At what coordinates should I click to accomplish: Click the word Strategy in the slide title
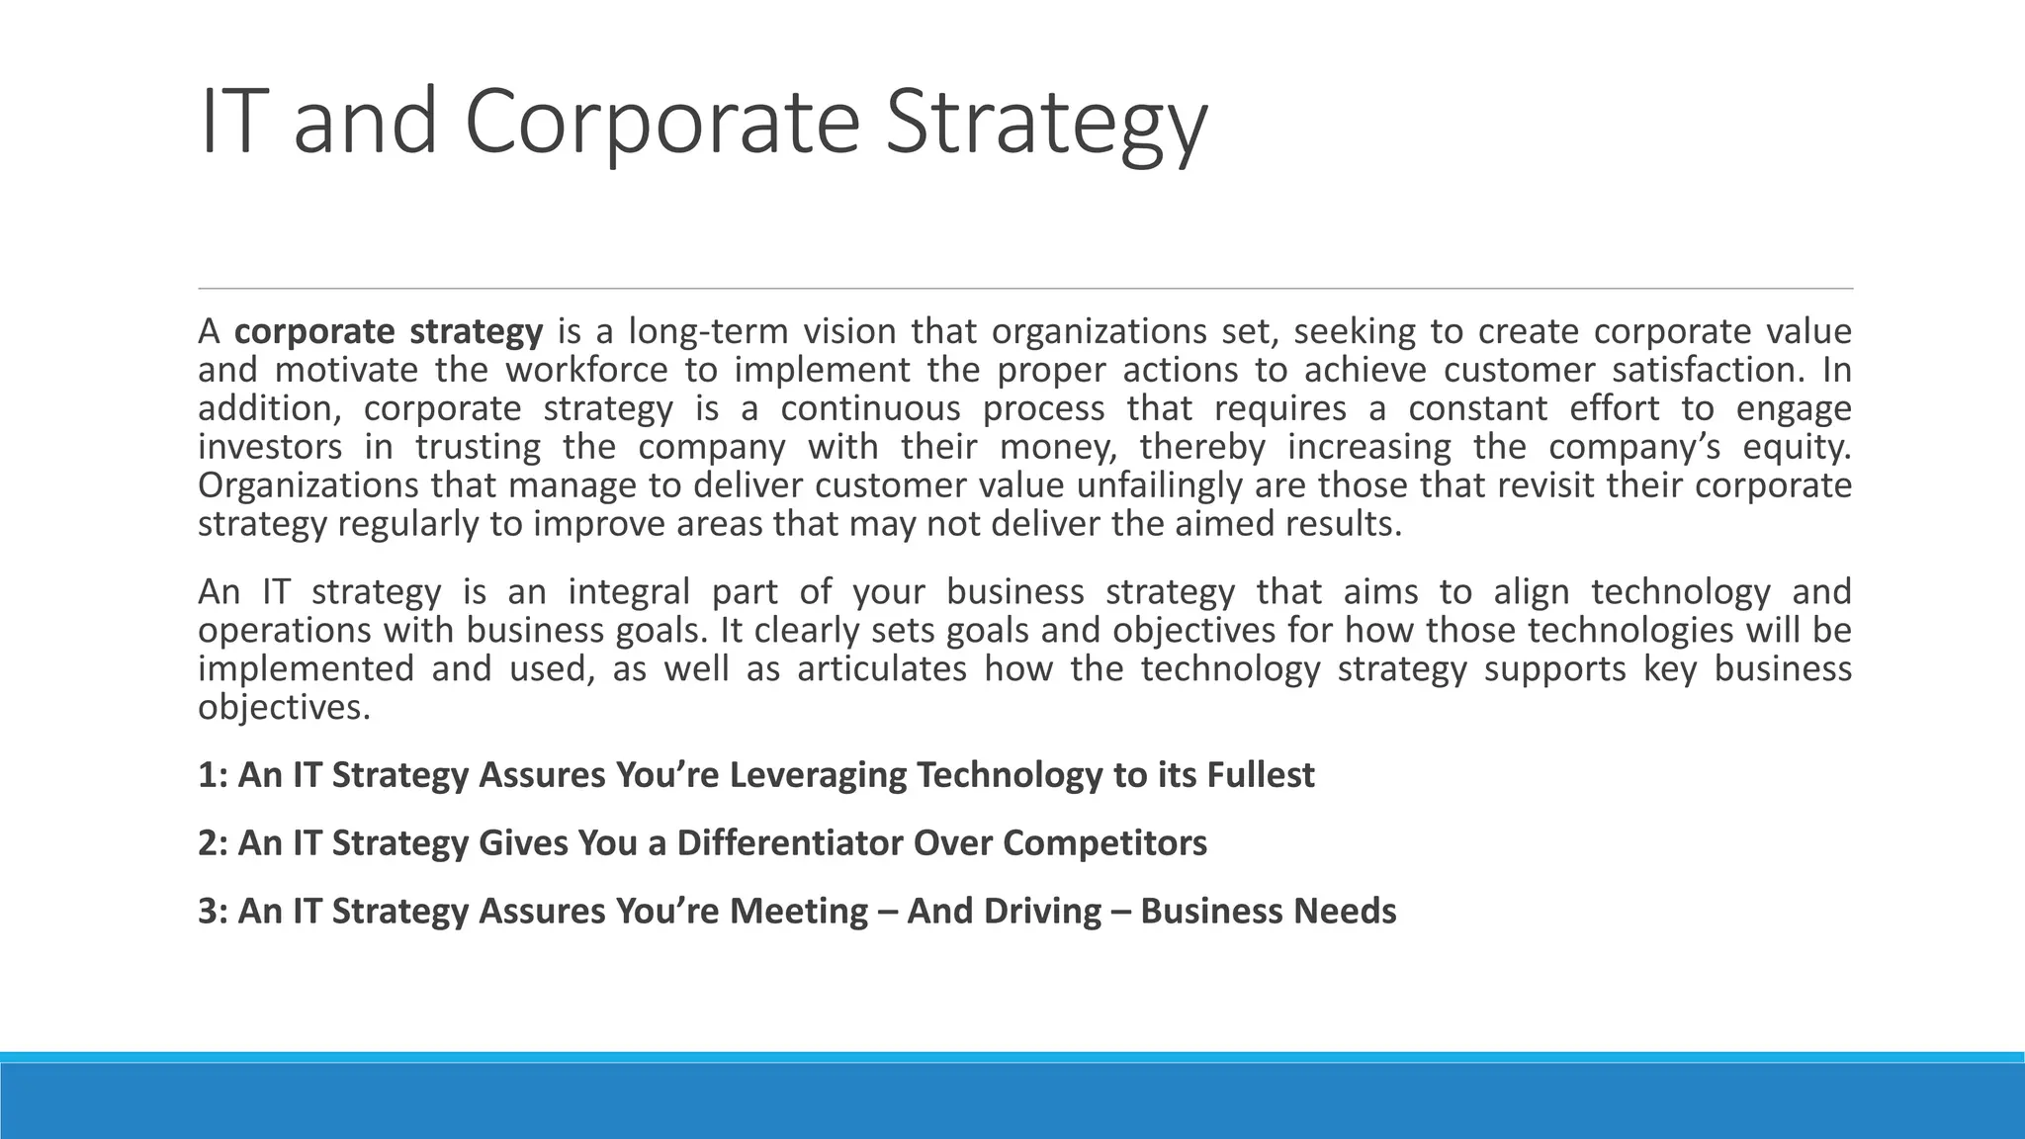pyautogui.click(x=1045, y=123)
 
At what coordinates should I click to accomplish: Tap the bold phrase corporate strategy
pyautogui.click(x=389, y=331)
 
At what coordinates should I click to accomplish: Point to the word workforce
pyautogui.click(x=587, y=370)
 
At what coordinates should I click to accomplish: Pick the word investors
pyautogui.click(x=270, y=447)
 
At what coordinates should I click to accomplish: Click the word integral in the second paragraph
pyautogui.click(x=629, y=592)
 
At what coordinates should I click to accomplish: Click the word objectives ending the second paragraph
pyautogui.click(x=284, y=708)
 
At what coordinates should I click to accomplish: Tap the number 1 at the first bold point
pyautogui.click(x=207, y=775)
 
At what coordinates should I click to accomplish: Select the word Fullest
pyautogui.click(x=1260, y=775)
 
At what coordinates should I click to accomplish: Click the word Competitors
pyautogui.click(x=1104, y=843)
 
